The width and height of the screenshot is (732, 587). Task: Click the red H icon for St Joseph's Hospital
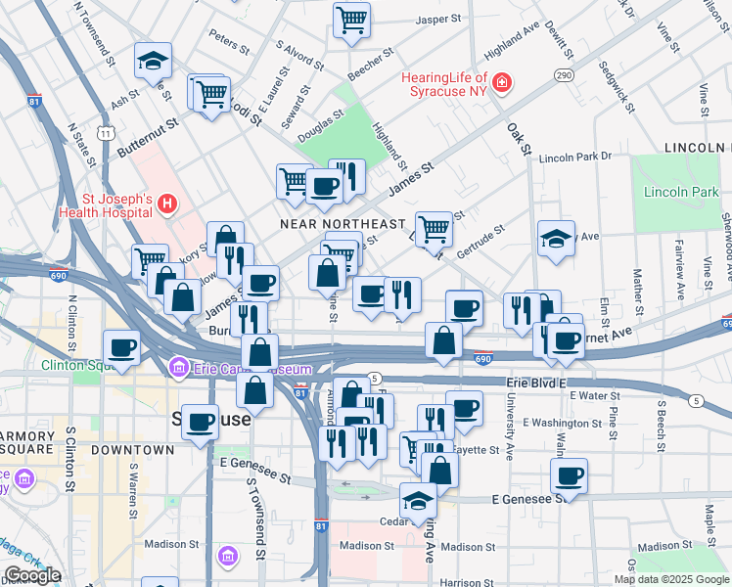[x=167, y=203]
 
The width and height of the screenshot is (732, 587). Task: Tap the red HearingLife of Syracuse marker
[x=502, y=82]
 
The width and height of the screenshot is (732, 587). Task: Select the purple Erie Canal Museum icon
[x=178, y=368]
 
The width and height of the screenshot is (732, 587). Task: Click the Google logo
[x=32, y=576]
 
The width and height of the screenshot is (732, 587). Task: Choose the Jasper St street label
[x=438, y=19]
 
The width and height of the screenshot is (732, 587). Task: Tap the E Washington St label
[x=564, y=423]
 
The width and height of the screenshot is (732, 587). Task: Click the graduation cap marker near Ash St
[x=153, y=61]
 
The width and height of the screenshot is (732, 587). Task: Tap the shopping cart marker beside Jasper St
[x=351, y=19]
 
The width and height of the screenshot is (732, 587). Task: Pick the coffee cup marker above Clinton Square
[x=123, y=346]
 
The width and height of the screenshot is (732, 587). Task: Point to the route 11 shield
[x=104, y=132]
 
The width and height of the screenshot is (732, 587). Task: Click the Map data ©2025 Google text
[x=671, y=579]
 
